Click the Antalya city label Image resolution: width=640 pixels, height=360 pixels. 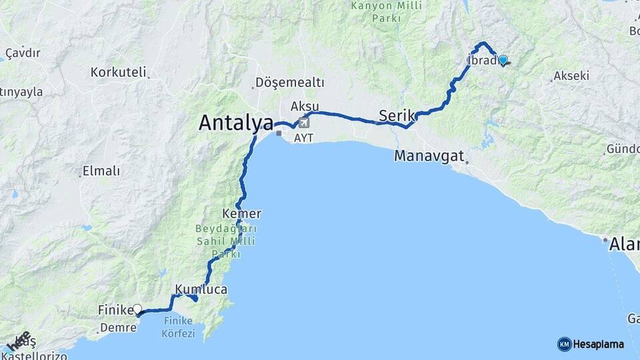tap(236, 123)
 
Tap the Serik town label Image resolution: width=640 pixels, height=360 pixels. tap(397, 115)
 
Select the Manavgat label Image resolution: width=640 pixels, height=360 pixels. tap(429, 157)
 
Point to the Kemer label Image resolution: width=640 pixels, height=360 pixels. tap(245, 214)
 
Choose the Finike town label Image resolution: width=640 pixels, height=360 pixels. tap(116, 310)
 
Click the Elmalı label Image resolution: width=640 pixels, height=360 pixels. tap(101, 171)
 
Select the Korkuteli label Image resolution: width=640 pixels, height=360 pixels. tap(118, 72)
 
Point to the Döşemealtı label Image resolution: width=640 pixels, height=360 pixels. tap(289, 83)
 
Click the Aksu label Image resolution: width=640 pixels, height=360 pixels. tap(305, 107)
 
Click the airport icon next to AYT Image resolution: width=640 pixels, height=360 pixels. tap(305, 123)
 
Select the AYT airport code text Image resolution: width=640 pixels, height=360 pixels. tap(303, 137)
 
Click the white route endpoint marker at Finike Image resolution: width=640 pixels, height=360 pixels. tap(137, 309)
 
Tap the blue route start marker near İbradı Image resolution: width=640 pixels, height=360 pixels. tap(503, 59)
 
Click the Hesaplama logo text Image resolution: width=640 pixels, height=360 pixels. tap(598, 345)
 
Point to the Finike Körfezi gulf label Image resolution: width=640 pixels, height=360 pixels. tap(178, 326)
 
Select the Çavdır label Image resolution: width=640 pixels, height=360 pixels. tap(23, 53)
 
